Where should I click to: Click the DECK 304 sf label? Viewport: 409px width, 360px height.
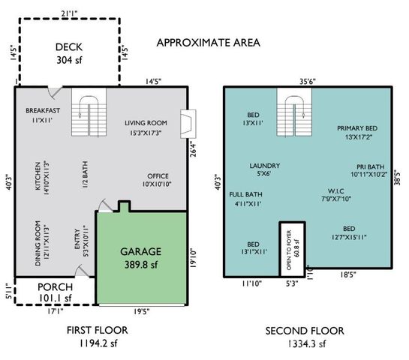coord(68,54)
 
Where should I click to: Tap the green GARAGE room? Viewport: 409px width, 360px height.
coord(142,257)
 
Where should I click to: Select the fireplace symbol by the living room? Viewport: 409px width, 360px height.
coord(188,121)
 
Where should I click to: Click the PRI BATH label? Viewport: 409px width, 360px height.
coord(371,171)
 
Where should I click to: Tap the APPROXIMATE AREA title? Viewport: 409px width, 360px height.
coord(208,42)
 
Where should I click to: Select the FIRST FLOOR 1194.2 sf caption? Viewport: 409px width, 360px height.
coord(98,336)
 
